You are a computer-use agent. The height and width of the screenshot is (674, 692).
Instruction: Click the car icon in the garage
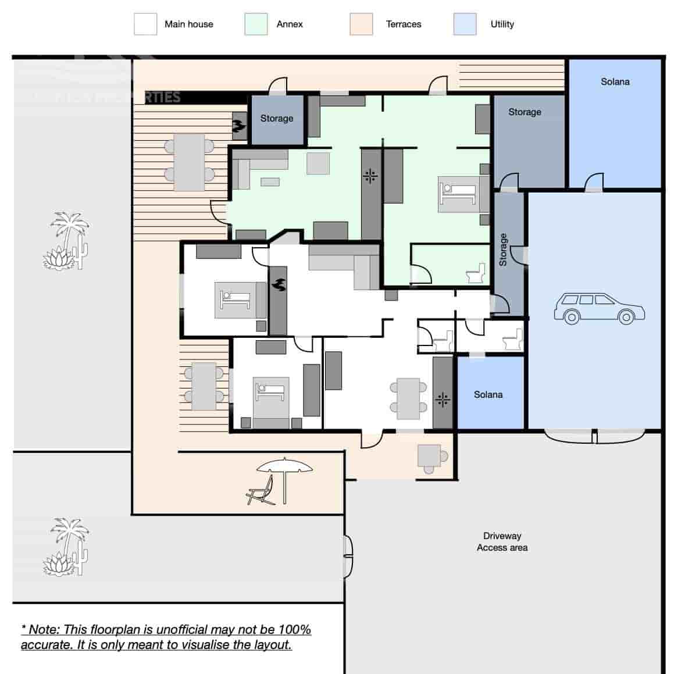click(599, 308)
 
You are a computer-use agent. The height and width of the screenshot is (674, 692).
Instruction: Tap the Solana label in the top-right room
click(615, 82)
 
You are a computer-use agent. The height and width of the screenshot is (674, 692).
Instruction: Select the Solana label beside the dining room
click(488, 395)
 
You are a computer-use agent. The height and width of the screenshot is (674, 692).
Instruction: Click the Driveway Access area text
click(502, 541)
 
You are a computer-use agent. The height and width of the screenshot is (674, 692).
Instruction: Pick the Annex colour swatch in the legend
click(256, 24)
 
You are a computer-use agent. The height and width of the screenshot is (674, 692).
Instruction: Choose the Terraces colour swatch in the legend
click(361, 24)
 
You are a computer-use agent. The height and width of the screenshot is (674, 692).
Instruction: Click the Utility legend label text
click(502, 24)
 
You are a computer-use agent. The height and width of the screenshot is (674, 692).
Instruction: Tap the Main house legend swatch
click(145, 24)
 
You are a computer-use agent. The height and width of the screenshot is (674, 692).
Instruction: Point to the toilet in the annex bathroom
click(476, 273)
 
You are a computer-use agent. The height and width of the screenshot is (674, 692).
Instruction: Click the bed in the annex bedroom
click(457, 194)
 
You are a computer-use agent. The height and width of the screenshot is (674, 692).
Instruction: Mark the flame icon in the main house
click(279, 285)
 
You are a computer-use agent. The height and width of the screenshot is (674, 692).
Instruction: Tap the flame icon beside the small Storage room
click(239, 126)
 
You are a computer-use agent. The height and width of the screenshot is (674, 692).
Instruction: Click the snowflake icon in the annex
click(370, 176)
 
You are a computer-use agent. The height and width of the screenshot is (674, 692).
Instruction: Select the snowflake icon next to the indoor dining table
click(443, 400)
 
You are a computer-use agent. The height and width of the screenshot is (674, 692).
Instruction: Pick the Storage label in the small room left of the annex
click(276, 119)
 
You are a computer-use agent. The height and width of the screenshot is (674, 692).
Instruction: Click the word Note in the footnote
click(44, 630)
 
